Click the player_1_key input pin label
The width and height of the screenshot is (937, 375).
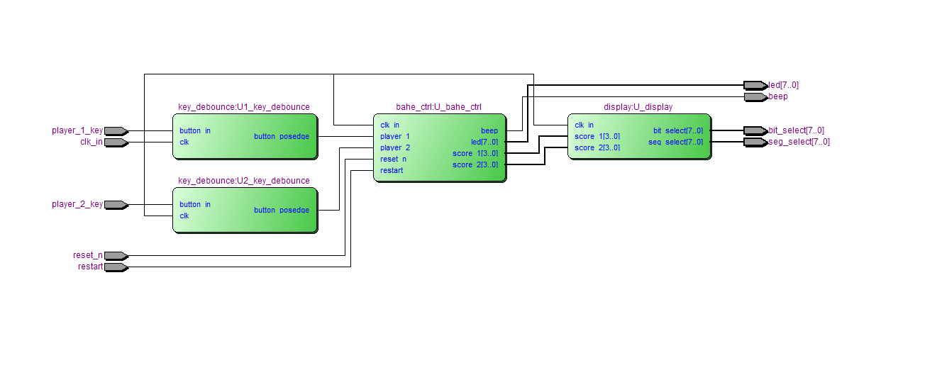77,130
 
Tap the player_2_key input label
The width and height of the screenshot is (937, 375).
77,204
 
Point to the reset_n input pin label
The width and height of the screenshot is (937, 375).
87,255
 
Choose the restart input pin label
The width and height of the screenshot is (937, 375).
90,267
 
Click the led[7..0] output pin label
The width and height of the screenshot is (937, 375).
783,85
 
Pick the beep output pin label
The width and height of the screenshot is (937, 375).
778,96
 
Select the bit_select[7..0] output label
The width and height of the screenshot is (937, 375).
796,130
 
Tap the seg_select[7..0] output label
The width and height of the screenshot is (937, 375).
799,142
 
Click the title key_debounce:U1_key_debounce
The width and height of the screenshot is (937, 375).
243,107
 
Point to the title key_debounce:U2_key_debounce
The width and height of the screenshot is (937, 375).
243,181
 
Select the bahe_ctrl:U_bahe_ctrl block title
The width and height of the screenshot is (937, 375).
438,107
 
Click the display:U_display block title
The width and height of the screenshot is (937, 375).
638,107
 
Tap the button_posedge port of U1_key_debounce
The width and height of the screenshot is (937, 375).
281,136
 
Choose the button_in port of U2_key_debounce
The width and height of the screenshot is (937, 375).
194,204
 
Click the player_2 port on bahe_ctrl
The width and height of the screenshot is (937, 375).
394,147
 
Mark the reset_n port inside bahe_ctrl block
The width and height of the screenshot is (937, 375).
393,159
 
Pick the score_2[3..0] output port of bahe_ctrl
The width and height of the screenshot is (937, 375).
475,164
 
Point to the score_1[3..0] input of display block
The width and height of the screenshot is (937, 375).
597,136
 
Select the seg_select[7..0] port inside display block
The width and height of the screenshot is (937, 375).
675,142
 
